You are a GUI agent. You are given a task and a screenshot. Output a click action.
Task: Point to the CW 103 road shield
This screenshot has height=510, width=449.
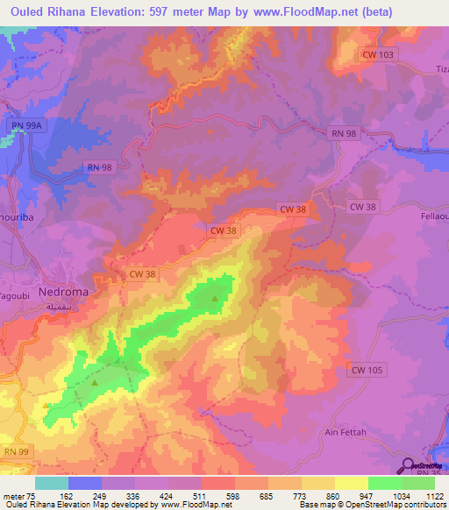(x=379, y=54)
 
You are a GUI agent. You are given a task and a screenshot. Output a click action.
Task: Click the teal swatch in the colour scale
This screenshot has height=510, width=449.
(x=51, y=483)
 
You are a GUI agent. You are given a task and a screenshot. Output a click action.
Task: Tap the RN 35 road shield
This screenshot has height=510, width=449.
(x=427, y=474)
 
